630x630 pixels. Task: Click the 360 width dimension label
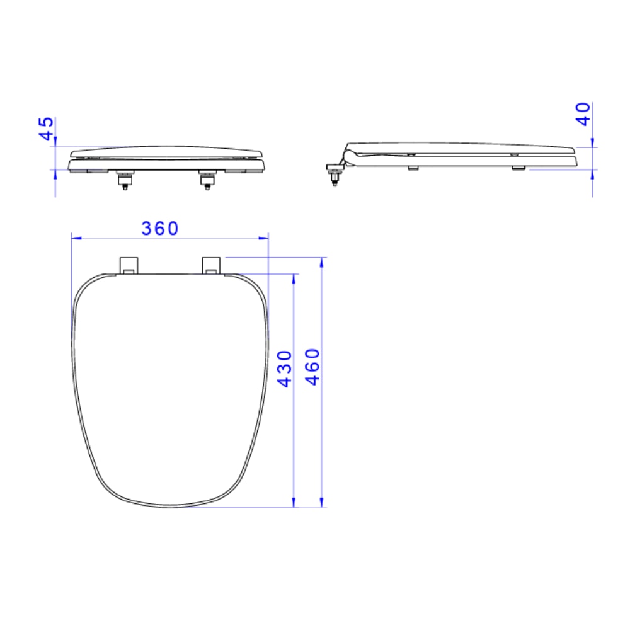(159, 229)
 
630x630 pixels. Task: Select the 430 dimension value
(285, 369)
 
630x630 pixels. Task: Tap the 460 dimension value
(312, 367)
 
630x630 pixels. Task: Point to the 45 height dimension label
(46, 129)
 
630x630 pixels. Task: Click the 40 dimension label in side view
(583, 114)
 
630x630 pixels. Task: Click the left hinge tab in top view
(129, 266)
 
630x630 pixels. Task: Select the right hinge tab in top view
(211, 266)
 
